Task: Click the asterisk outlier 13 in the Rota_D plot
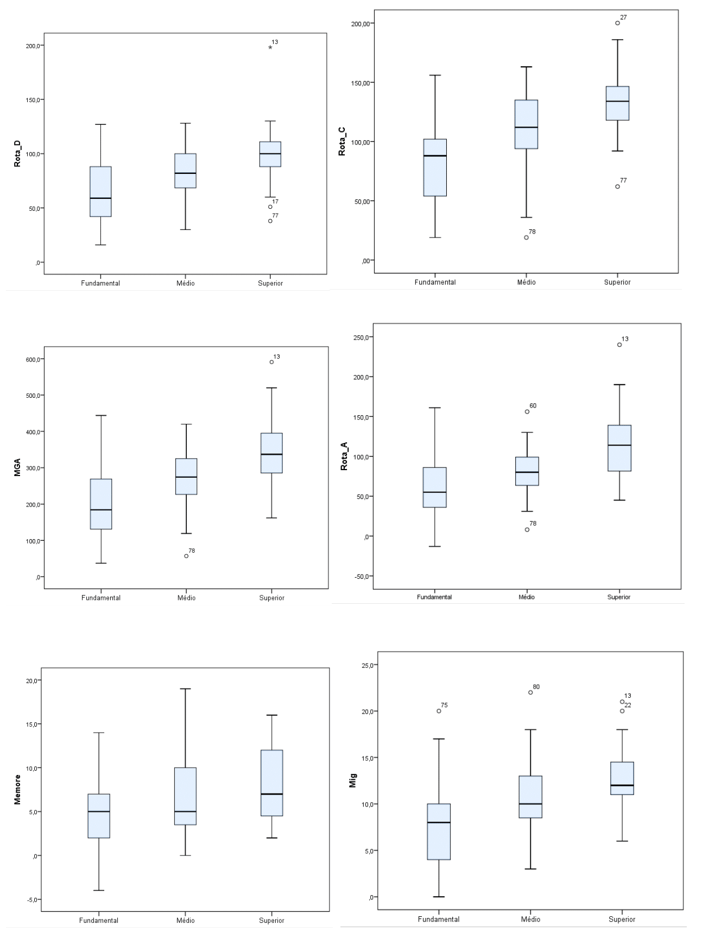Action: (x=270, y=48)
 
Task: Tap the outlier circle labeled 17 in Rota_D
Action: (x=270, y=207)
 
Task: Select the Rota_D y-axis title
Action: (x=17, y=153)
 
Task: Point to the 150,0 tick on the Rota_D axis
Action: (x=33, y=99)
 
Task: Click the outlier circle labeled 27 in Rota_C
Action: (x=617, y=23)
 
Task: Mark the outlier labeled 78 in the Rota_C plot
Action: (x=526, y=237)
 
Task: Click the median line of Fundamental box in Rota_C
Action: (x=435, y=156)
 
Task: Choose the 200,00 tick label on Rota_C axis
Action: (x=361, y=23)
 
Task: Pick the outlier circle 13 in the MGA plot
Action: (x=271, y=362)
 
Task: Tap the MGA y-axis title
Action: (x=17, y=468)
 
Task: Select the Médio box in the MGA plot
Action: (x=186, y=476)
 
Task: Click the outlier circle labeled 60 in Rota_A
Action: (x=527, y=411)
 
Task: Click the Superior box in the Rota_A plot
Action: (x=619, y=448)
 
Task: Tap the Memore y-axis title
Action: (x=17, y=789)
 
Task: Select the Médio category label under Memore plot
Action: (x=185, y=921)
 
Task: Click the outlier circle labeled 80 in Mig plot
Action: (x=530, y=692)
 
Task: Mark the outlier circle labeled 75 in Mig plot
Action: (x=439, y=711)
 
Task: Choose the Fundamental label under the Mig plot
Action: (x=439, y=920)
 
